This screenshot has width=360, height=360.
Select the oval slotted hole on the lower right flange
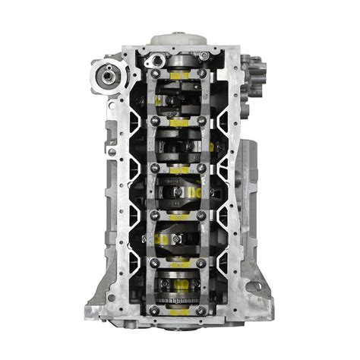click(254, 286)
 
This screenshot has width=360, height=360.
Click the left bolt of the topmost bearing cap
click(154, 74)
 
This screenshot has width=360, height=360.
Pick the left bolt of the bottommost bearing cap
click(154, 310)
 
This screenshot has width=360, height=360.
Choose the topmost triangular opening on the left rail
click(134, 106)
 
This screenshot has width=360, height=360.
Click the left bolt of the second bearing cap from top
click(154, 121)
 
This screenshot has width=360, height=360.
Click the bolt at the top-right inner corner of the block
click(204, 55)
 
